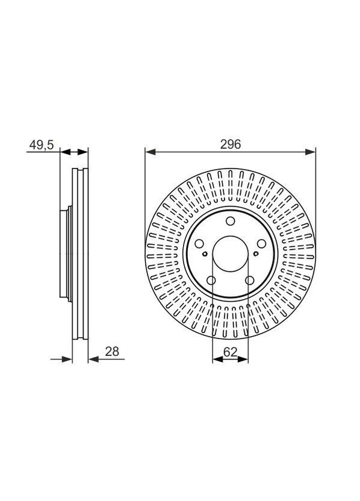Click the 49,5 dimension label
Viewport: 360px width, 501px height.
pyautogui.click(x=42, y=145)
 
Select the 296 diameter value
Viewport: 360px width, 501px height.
pyautogui.click(x=231, y=145)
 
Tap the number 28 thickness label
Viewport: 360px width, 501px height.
pyautogui.click(x=112, y=352)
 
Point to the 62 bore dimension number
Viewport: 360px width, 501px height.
pyautogui.click(x=231, y=352)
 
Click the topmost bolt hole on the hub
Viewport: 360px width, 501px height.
pyautogui.click(x=231, y=221)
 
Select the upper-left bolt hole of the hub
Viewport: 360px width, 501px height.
pyautogui.click(x=199, y=244)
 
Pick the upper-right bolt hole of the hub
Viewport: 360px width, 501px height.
pyautogui.click(x=262, y=244)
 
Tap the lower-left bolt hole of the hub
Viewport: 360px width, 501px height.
pyautogui.click(x=211, y=281)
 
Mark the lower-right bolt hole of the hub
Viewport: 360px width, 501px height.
pyautogui.click(x=249, y=281)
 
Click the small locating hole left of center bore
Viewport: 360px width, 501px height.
pyautogui.click(x=205, y=254)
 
